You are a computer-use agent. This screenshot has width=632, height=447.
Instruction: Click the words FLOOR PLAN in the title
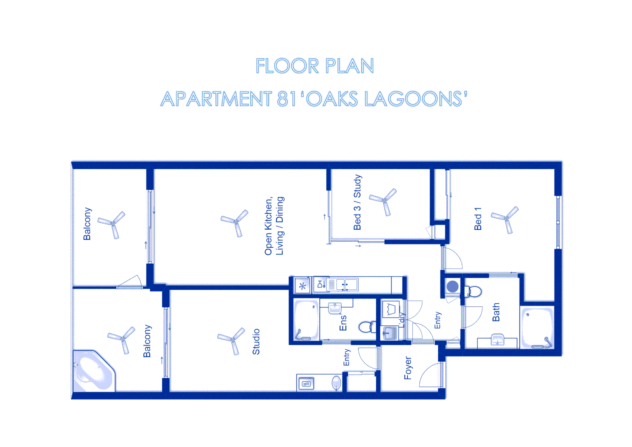[315, 66]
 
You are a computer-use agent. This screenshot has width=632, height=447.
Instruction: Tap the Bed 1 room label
[478, 219]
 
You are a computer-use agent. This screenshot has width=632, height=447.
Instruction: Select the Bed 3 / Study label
[357, 202]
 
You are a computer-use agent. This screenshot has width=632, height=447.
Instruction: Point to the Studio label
[256, 341]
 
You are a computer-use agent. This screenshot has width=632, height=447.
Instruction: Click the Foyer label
[408, 368]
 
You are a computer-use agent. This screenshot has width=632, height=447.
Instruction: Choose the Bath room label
[496, 312]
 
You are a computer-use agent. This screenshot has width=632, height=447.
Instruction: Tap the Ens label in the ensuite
[343, 323]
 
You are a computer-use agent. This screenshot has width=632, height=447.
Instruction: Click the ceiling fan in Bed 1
[506, 218]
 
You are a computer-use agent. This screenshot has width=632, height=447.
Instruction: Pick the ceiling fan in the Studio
[232, 340]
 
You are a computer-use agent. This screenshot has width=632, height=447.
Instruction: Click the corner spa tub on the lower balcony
[93, 371]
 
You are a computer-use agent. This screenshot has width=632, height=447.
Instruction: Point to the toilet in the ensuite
[367, 327]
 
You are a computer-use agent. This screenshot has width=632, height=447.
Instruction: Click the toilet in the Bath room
[474, 292]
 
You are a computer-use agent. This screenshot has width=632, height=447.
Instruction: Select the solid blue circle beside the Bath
[452, 286]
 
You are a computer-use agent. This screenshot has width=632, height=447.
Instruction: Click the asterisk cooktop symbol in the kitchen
[303, 286]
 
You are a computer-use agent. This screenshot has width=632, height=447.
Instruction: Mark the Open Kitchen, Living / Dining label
[274, 226]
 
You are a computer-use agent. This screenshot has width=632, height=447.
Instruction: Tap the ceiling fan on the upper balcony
[112, 224]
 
